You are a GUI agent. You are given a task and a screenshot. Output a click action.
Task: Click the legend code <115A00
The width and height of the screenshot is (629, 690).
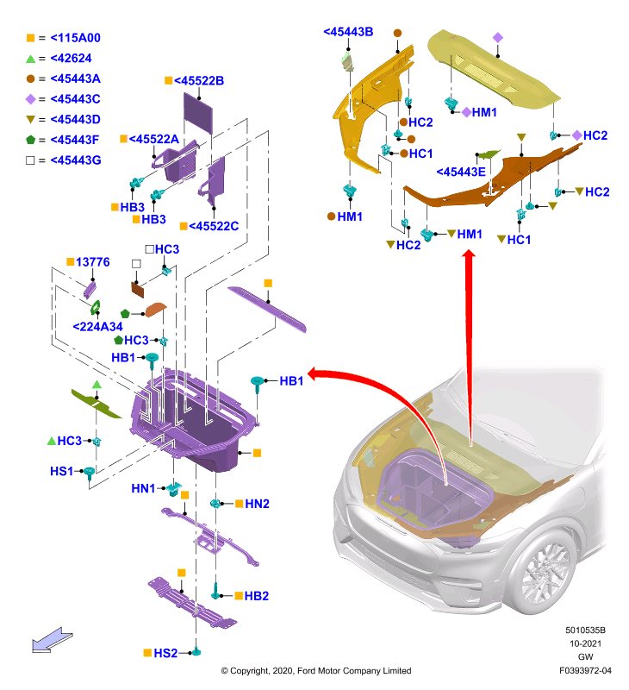pos(75,38)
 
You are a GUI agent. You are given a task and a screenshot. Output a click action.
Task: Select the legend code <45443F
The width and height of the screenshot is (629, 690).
pos(75,140)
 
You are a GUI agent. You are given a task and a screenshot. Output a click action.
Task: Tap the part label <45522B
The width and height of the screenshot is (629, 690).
pos(199,81)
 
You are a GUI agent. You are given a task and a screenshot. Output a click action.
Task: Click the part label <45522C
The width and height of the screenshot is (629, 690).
pos(214,226)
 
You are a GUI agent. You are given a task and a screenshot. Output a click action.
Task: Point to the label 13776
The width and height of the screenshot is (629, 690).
pos(93,262)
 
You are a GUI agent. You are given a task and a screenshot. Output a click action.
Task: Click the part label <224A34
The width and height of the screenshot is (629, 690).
pos(97,327)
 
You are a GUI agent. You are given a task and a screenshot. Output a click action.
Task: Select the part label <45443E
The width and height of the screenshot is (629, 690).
pos(461,172)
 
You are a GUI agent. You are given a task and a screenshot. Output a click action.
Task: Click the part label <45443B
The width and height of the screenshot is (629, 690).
pos(348,32)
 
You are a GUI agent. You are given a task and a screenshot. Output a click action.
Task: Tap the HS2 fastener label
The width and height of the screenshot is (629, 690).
pos(165,653)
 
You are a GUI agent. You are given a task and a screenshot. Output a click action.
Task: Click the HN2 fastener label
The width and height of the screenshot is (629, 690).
pos(257,504)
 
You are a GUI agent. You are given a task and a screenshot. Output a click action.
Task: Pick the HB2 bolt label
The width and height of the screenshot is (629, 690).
pos(256,596)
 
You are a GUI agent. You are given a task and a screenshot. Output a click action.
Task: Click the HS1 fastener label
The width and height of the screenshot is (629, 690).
pos(61,471)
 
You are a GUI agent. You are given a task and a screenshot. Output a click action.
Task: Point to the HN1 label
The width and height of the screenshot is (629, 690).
pos(143,488)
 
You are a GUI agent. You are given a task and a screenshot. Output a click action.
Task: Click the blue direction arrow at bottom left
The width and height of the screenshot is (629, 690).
pos(52,640)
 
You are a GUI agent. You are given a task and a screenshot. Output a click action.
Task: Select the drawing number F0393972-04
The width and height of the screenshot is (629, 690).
pos(585,671)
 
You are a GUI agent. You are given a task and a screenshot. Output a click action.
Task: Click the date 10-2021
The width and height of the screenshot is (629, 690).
pos(585,643)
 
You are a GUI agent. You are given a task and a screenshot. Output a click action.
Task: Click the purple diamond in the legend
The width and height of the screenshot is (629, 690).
pos(30,99)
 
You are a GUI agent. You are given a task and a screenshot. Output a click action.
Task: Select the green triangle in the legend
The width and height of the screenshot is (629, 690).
pos(30,59)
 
